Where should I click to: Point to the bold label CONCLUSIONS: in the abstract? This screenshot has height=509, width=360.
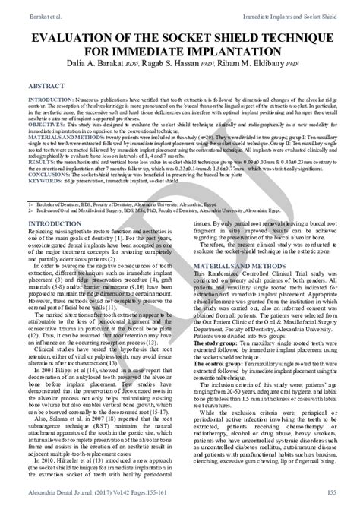tap(43, 173)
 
